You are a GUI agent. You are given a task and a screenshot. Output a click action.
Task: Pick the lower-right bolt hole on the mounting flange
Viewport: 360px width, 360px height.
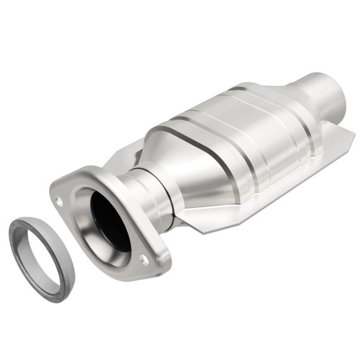point(145,261)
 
